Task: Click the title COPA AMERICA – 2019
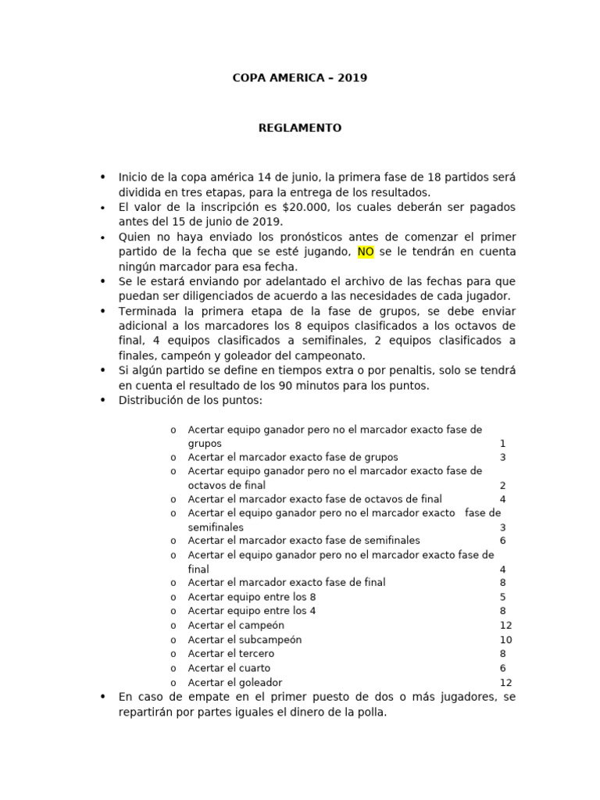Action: pos(300,78)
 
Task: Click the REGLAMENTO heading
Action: pos(300,128)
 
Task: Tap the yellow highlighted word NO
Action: pos(366,252)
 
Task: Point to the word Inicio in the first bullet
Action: pos(133,177)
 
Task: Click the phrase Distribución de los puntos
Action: pos(191,400)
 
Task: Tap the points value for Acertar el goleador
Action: pos(505,682)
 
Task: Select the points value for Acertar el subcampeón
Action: pos(505,640)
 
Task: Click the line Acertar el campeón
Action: pos(236,626)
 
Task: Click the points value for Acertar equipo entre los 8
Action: pos(503,598)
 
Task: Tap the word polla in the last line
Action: pos(373,712)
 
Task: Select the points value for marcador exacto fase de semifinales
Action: pos(503,541)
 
